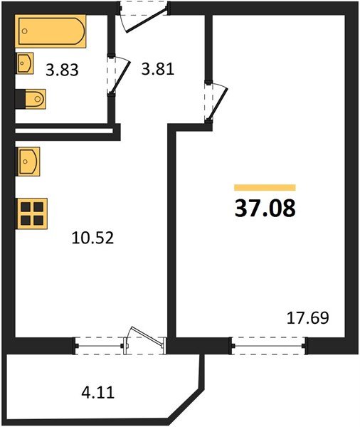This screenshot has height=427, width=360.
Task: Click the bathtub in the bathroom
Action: click(x=52, y=33)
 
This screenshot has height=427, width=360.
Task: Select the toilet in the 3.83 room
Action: click(x=35, y=97)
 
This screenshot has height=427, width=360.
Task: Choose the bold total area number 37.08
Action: click(x=265, y=209)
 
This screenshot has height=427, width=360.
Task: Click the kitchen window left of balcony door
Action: click(x=100, y=345)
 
